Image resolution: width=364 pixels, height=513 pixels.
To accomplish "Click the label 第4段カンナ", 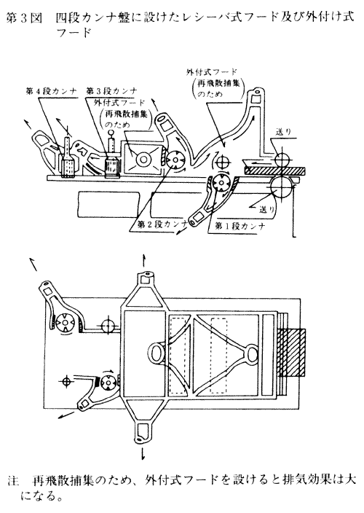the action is [x=51, y=92].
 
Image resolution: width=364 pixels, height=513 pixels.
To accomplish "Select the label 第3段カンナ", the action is [x=112, y=91].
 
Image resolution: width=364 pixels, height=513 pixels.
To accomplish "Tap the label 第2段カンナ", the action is [x=162, y=224].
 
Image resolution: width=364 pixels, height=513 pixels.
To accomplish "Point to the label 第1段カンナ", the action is [x=240, y=225].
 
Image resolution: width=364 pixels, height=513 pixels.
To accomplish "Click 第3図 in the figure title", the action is [x=25, y=18].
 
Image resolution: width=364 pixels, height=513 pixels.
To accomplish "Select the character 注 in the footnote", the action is [x=12, y=481].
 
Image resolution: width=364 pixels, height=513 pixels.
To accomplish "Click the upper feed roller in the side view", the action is [x=282, y=160].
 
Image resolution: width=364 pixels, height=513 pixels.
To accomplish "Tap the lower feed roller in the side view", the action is [x=281, y=187].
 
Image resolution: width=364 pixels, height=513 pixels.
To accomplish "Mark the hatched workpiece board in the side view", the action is [x=274, y=170].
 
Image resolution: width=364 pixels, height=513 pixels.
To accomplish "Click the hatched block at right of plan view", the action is [x=291, y=353].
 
